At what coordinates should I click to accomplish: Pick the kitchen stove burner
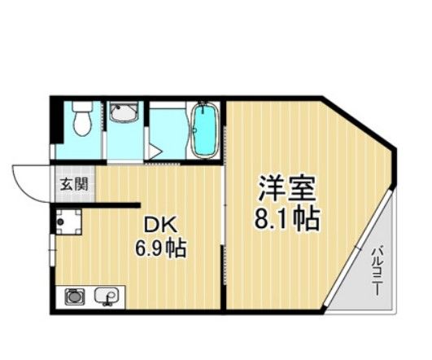pos(73,296)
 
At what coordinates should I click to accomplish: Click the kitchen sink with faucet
pos(106,296)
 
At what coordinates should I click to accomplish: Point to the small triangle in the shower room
pos(154,151)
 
